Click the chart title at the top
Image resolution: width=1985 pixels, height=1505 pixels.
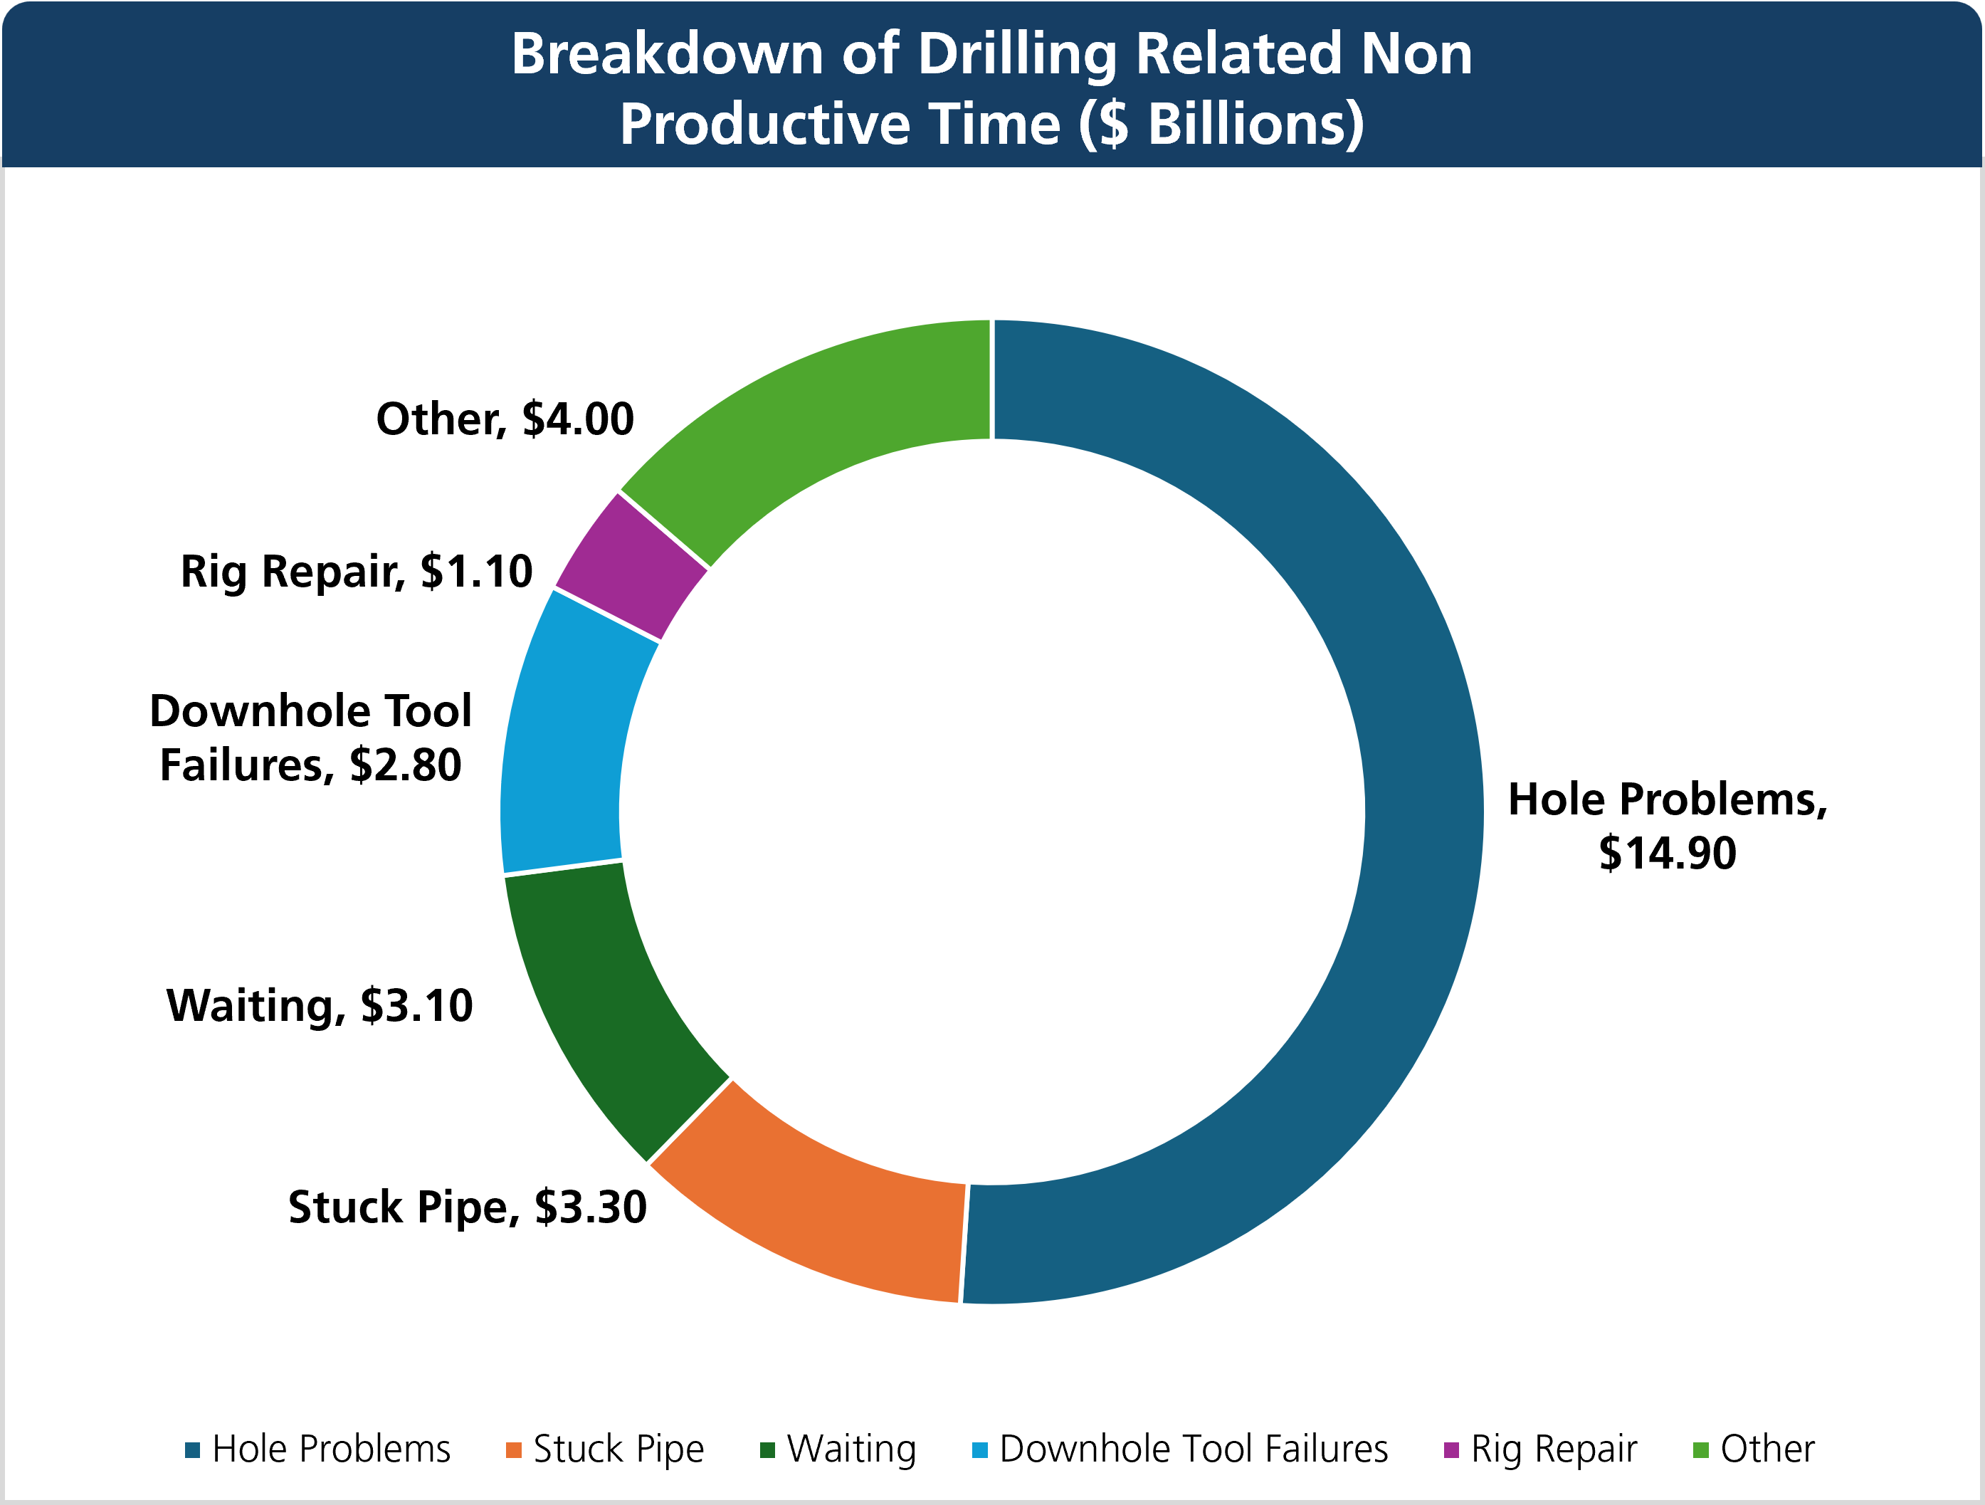pyautogui.click(x=991, y=88)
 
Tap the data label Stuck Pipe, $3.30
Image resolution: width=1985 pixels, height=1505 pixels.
pyautogui.click(x=468, y=1207)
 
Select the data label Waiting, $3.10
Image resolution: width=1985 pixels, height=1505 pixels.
pyautogui.click(x=320, y=1005)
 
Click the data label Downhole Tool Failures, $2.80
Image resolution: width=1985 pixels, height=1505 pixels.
pyautogui.click(x=310, y=738)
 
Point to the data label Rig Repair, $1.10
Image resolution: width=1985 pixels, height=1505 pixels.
pyautogui.click(x=357, y=571)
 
